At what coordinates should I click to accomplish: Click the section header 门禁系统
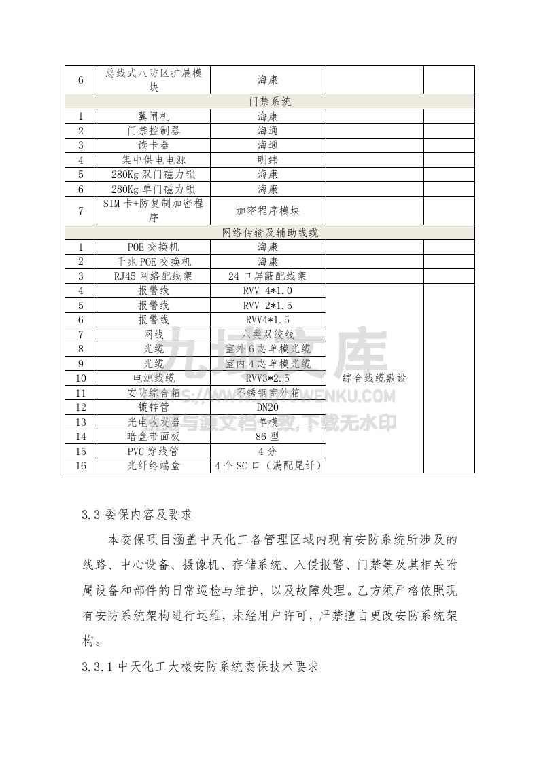pos(270,102)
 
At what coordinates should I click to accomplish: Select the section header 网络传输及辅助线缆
pos(270,232)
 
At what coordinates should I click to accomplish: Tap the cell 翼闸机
pos(154,116)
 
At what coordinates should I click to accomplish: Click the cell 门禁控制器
pos(154,130)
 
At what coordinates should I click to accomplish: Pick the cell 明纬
pos(268,160)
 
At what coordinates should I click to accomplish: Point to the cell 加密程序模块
pos(268,211)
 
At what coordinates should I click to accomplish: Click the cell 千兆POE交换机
pos(154,261)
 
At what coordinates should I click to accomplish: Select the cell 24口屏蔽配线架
pos(268,276)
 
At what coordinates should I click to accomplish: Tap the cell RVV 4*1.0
pos(268,291)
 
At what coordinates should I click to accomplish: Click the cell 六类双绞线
pos(268,334)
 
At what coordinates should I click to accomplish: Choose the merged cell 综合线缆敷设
pos(375,378)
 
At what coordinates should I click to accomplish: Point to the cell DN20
pos(268,407)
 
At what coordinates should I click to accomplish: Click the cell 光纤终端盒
pos(154,465)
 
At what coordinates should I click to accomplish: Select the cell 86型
pos(268,436)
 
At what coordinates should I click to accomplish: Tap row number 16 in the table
pos(81,465)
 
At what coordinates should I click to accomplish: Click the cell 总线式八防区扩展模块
pos(154,79)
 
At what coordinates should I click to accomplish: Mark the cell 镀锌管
pos(154,407)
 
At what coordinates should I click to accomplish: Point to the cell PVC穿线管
pos(154,451)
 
